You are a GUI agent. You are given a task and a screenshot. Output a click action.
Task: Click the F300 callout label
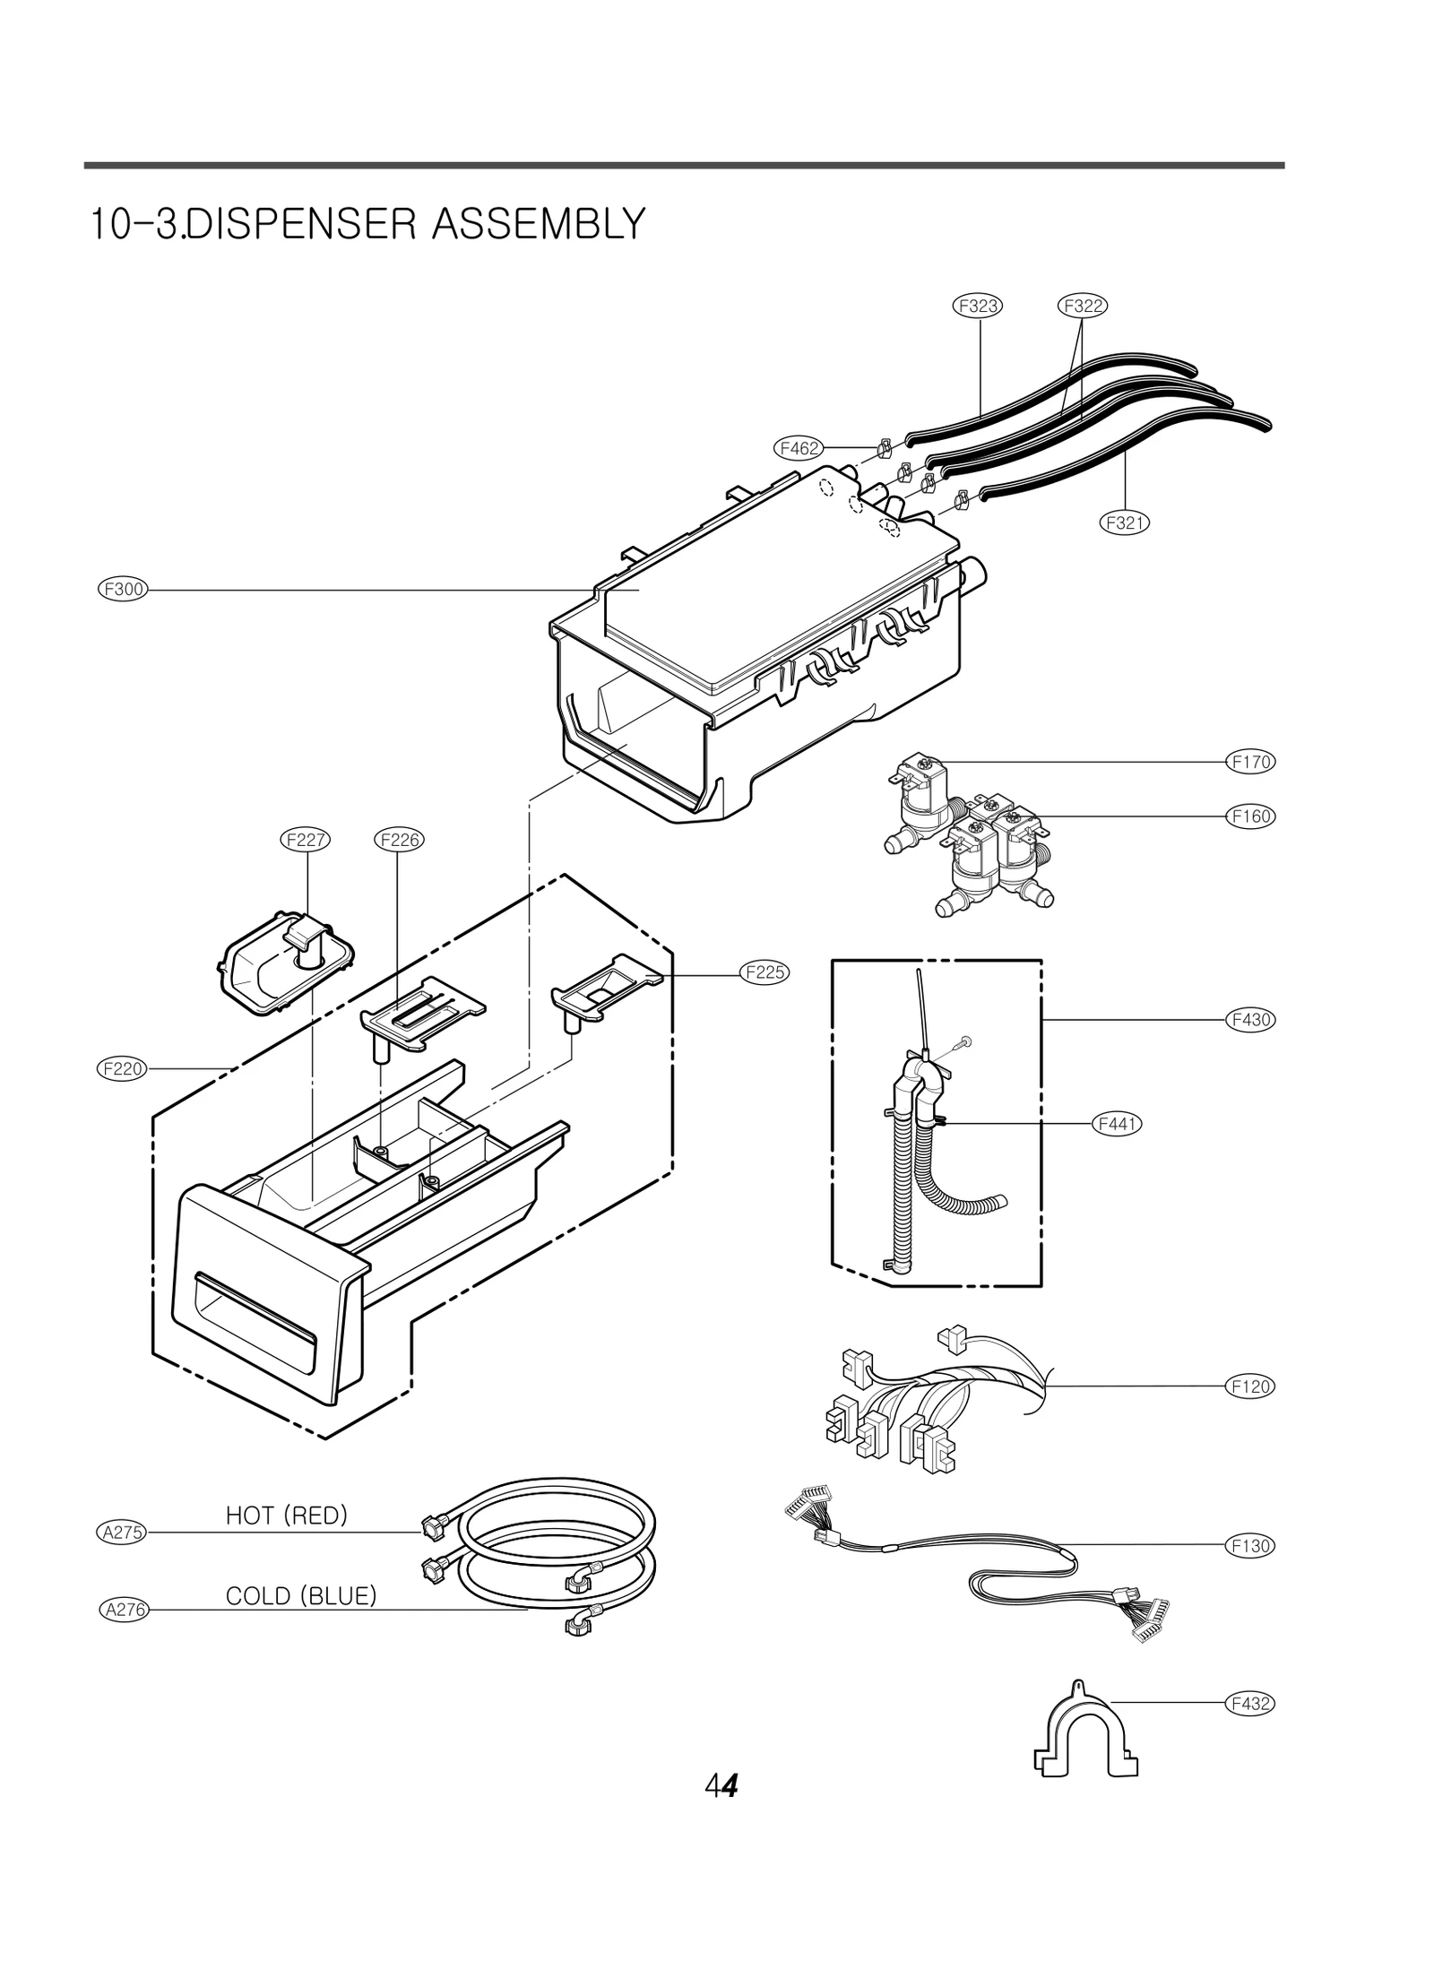click(123, 590)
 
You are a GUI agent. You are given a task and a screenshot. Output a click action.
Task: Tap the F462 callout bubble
click(799, 447)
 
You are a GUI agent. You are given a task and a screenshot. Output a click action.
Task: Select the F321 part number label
click(1124, 522)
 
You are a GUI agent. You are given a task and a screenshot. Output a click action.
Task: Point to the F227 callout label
click(306, 840)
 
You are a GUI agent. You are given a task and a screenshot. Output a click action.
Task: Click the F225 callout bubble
click(765, 972)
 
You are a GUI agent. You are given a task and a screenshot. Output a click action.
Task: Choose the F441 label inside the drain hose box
click(1117, 1123)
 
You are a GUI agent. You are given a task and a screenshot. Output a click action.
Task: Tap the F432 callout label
click(1249, 1703)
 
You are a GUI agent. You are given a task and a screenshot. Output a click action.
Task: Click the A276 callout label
click(123, 1610)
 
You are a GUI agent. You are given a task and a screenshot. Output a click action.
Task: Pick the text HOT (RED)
click(286, 1516)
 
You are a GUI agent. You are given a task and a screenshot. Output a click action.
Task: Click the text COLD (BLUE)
click(301, 1596)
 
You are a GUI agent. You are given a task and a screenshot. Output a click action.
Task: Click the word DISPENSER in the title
click(304, 224)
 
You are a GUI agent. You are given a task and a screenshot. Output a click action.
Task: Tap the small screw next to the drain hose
click(963, 1041)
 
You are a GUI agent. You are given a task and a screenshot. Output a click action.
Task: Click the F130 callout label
click(1249, 1545)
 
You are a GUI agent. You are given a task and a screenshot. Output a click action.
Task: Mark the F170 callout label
click(1249, 762)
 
